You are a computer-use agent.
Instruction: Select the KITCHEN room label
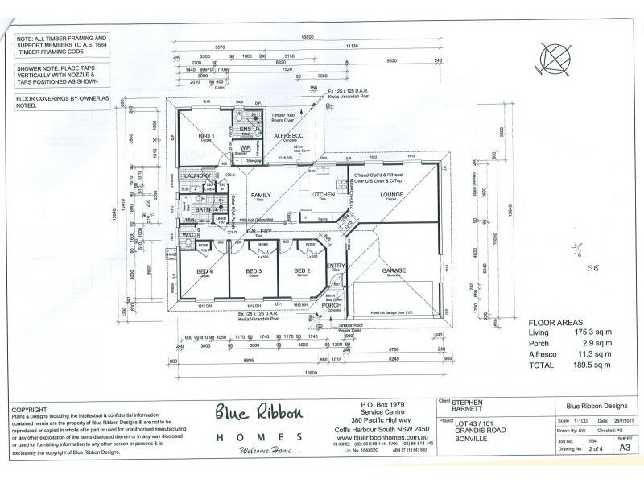pyautogui.click(x=323, y=195)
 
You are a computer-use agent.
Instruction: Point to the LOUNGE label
pyautogui.click(x=392, y=195)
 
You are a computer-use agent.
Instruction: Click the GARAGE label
pyautogui.click(x=394, y=270)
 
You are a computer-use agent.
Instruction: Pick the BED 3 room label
pyautogui.click(x=254, y=270)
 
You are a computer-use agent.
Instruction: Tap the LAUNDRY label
pyautogui.click(x=197, y=175)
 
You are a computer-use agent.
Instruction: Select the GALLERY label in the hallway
pyautogui.click(x=258, y=231)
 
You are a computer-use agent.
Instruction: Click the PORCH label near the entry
pyautogui.click(x=332, y=305)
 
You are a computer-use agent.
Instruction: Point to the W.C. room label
pyautogui.click(x=187, y=236)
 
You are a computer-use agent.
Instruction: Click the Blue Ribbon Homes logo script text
pyautogui.click(x=259, y=414)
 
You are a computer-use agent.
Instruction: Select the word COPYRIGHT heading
pyautogui.click(x=30, y=409)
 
